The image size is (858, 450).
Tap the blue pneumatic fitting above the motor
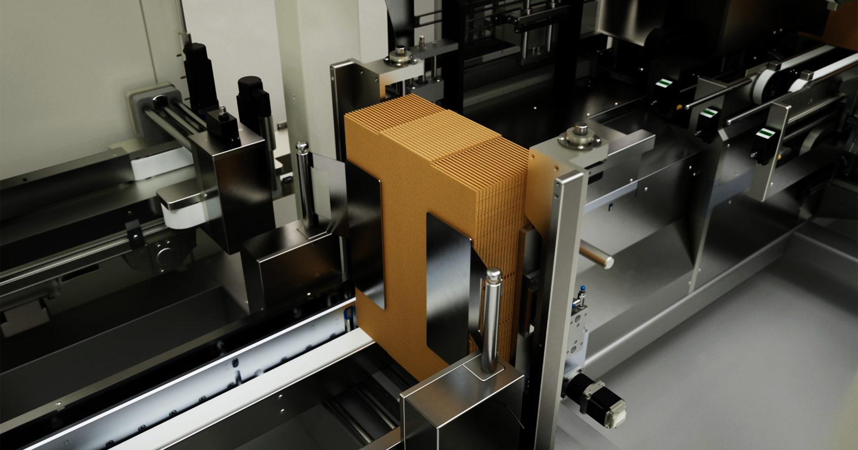(582, 291)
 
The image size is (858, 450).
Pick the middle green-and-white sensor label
(710, 112)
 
